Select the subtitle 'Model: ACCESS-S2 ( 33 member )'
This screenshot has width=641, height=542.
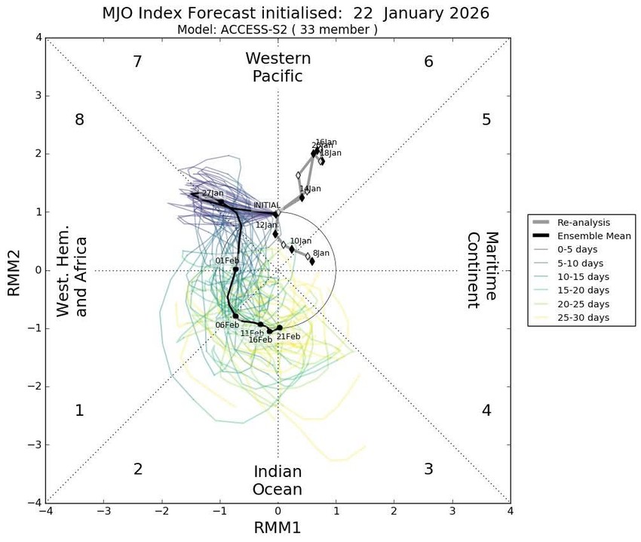click(x=277, y=30)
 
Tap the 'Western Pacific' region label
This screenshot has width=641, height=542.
click(x=278, y=67)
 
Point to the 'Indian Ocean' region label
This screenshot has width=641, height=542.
click(x=278, y=481)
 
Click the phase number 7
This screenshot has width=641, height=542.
click(x=137, y=62)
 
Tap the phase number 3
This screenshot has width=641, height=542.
click(x=428, y=469)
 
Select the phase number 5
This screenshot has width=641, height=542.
click(x=486, y=119)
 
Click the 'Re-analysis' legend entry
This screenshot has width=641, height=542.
click(x=583, y=223)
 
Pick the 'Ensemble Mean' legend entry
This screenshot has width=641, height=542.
click(x=593, y=236)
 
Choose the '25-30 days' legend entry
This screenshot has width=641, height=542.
click(x=583, y=318)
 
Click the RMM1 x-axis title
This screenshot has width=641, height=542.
click(x=278, y=528)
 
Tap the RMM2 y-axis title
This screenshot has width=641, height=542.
click(x=14, y=269)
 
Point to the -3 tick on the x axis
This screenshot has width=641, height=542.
click(x=104, y=511)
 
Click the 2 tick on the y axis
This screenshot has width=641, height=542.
click(x=37, y=154)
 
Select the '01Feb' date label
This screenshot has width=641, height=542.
click(x=227, y=261)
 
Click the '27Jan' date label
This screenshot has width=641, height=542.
click(x=213, y=193)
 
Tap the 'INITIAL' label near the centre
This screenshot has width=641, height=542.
click(x=267, y=205)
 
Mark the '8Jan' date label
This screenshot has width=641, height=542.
click(x=320, y=254)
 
